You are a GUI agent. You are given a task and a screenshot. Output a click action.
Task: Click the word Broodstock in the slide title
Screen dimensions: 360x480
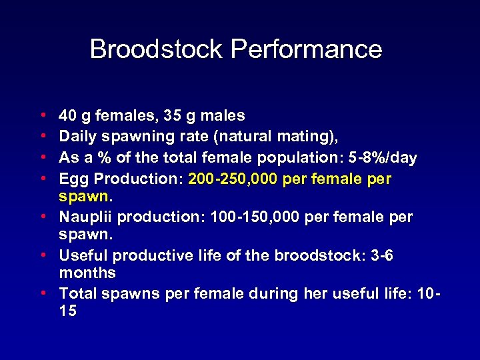pyautogui.click(x=157, y=49)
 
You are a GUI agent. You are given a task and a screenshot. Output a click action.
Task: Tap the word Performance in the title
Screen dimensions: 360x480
pyautogui.click(x=307, y=49)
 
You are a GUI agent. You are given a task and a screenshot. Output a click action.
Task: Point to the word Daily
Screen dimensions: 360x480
pyautogui.click(x=77, y=137)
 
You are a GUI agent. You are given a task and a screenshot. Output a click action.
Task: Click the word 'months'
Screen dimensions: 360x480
pyautogui.click(x=87, y=273)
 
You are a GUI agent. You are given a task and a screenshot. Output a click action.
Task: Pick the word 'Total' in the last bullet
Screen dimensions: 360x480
pyautogui.click(x=77, y=293)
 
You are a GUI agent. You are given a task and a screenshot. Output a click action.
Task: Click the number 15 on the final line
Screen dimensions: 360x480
pyautogui.click(x=68, y=311)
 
